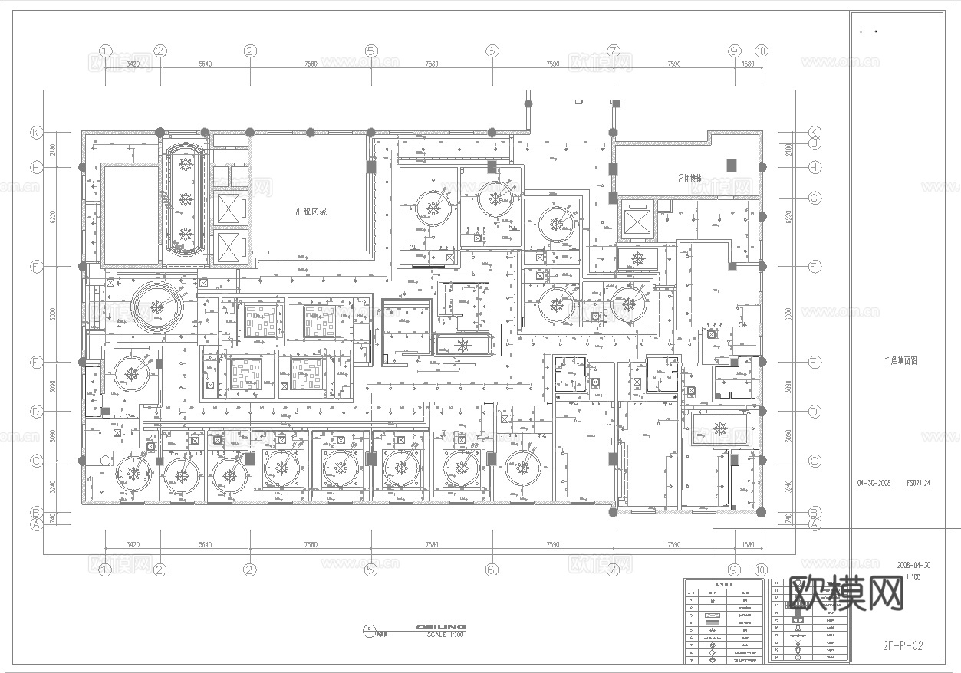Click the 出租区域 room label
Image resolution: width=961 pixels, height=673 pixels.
tap(311, 212)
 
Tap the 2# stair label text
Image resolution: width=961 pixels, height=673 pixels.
tap(689, 178)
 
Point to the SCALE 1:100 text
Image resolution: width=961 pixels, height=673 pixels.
tap(446, 635)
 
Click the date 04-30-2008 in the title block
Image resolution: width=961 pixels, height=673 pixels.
tap(874, 484)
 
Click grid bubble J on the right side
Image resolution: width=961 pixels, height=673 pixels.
tap(815, 143)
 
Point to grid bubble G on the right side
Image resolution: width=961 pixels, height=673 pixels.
tap(815, 198)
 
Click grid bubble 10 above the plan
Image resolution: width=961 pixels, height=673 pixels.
tap(761, 51)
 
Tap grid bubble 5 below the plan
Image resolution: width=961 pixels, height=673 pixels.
tap(371, 570)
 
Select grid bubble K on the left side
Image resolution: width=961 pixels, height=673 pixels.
tap(35, 132)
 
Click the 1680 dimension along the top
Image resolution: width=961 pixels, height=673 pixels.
tap(747, 64)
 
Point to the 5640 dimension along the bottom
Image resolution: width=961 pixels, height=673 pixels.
tap(205, 545)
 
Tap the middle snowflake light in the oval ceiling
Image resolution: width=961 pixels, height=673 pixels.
tap(185, 198)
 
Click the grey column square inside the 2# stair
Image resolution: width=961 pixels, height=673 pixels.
tap(731, 164)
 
